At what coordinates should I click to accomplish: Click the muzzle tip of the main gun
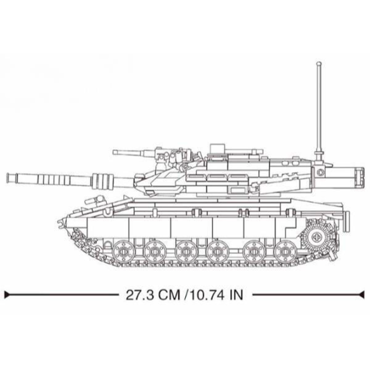(x=7, y=178)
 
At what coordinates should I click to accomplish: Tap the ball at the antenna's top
(x=319, y=64)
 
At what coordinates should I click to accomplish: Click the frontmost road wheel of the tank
(x=123, y=252)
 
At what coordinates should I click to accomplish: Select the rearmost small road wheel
(x=285, y=252)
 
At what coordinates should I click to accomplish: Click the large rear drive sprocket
(x=316, y=237)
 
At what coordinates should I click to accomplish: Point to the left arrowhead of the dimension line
(x=7, y=295)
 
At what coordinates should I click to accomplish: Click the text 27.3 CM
(x=153, y=295)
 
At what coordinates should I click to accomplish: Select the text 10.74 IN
(x=216, y=295)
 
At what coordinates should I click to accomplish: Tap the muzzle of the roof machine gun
(x=114, y=152)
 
